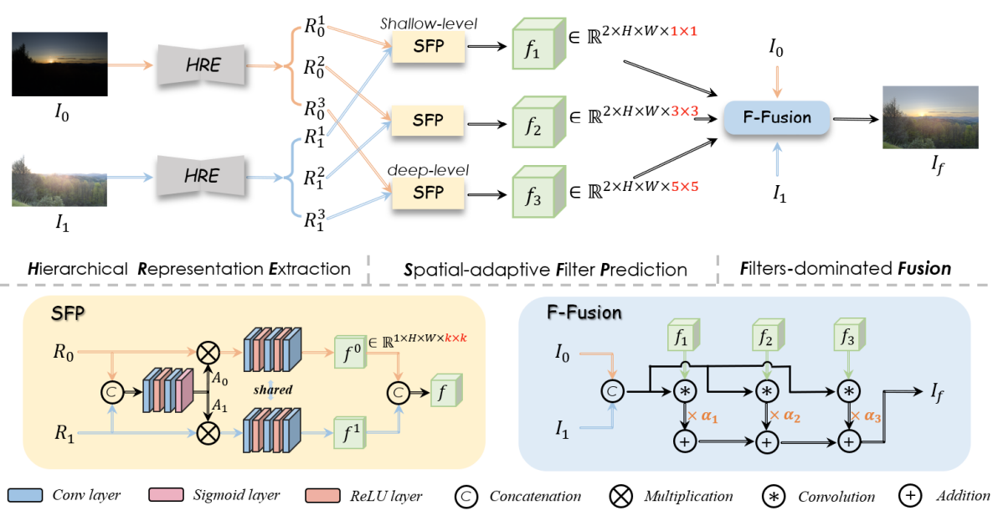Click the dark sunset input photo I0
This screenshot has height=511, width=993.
(60, 63)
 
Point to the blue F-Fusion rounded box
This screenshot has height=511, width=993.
(778, 117)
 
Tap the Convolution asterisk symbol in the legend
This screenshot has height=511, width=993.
(774, 496)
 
